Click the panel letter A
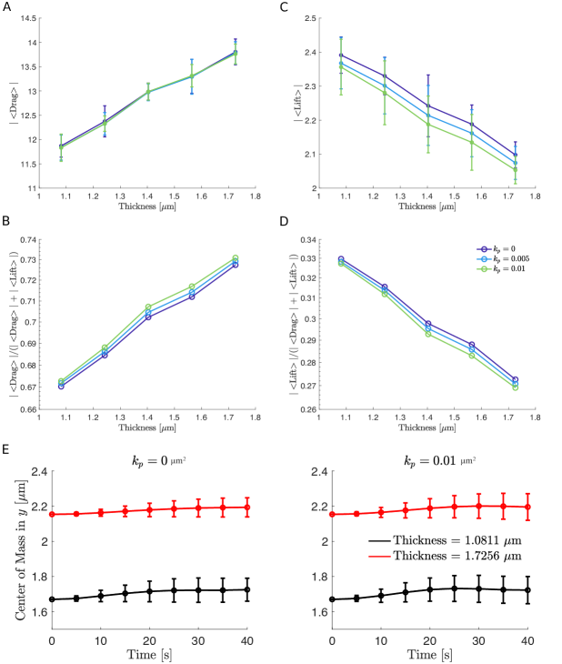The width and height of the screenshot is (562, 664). [7, 7]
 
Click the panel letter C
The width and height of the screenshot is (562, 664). [285, 7]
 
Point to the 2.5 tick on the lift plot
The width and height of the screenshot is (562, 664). [308, 18]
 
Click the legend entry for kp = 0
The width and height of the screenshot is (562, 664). [504, 247]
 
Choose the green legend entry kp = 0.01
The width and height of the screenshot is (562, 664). [506, 267]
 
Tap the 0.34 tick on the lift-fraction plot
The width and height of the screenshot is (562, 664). [308, 241]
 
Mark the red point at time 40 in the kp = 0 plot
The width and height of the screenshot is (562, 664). [246, 507]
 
